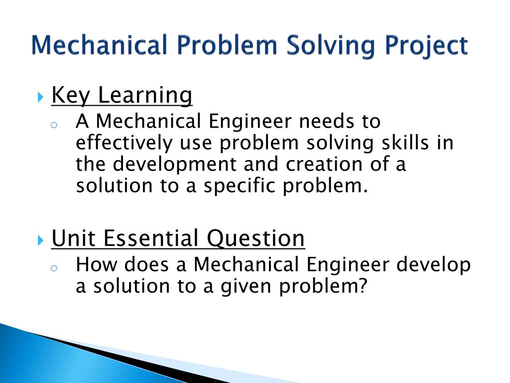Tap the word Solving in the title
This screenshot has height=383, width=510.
point(326,46)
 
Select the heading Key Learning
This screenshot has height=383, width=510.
point(122,95)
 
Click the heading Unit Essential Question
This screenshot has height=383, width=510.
point(178,238)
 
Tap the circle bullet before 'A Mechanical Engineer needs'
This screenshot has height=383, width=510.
point(55,125)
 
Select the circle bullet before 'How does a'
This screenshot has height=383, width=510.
point(55,268)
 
